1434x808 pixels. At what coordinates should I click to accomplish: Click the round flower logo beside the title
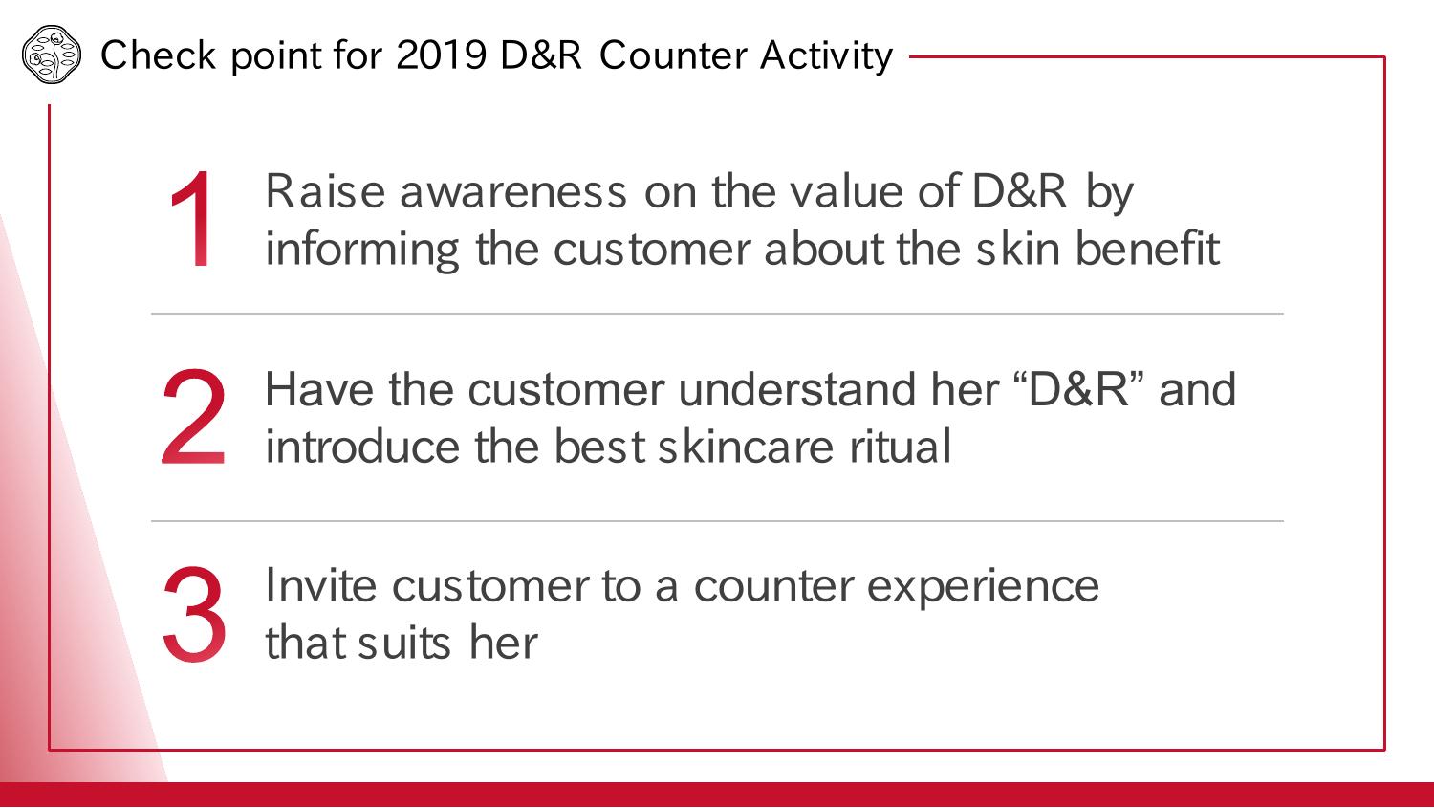52,55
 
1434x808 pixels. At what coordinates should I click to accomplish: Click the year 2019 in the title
442,55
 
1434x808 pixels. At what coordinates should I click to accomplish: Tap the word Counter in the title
673,55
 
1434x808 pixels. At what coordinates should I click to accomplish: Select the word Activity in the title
827,56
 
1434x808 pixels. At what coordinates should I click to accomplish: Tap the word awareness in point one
513,192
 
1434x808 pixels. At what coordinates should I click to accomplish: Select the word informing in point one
362,250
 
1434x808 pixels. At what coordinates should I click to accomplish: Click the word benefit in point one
1147,248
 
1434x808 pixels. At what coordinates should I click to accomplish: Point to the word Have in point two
319,389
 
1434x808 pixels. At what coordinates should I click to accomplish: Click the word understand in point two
797,389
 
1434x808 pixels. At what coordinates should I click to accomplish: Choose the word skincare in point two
746,447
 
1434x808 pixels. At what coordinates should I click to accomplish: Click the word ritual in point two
901,447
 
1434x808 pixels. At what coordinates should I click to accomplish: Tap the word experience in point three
983,588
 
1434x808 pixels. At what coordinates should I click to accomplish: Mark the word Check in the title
158,55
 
